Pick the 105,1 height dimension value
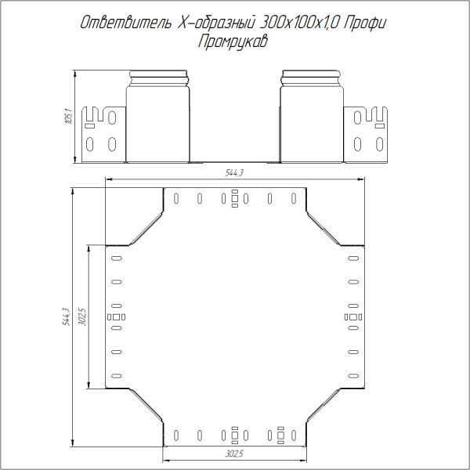tap(68, 117)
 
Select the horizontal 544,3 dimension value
tap(233, 174)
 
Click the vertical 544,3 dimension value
tap(67, 316)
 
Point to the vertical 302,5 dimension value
tap(83, 316)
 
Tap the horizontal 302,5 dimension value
tap(233, 453)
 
